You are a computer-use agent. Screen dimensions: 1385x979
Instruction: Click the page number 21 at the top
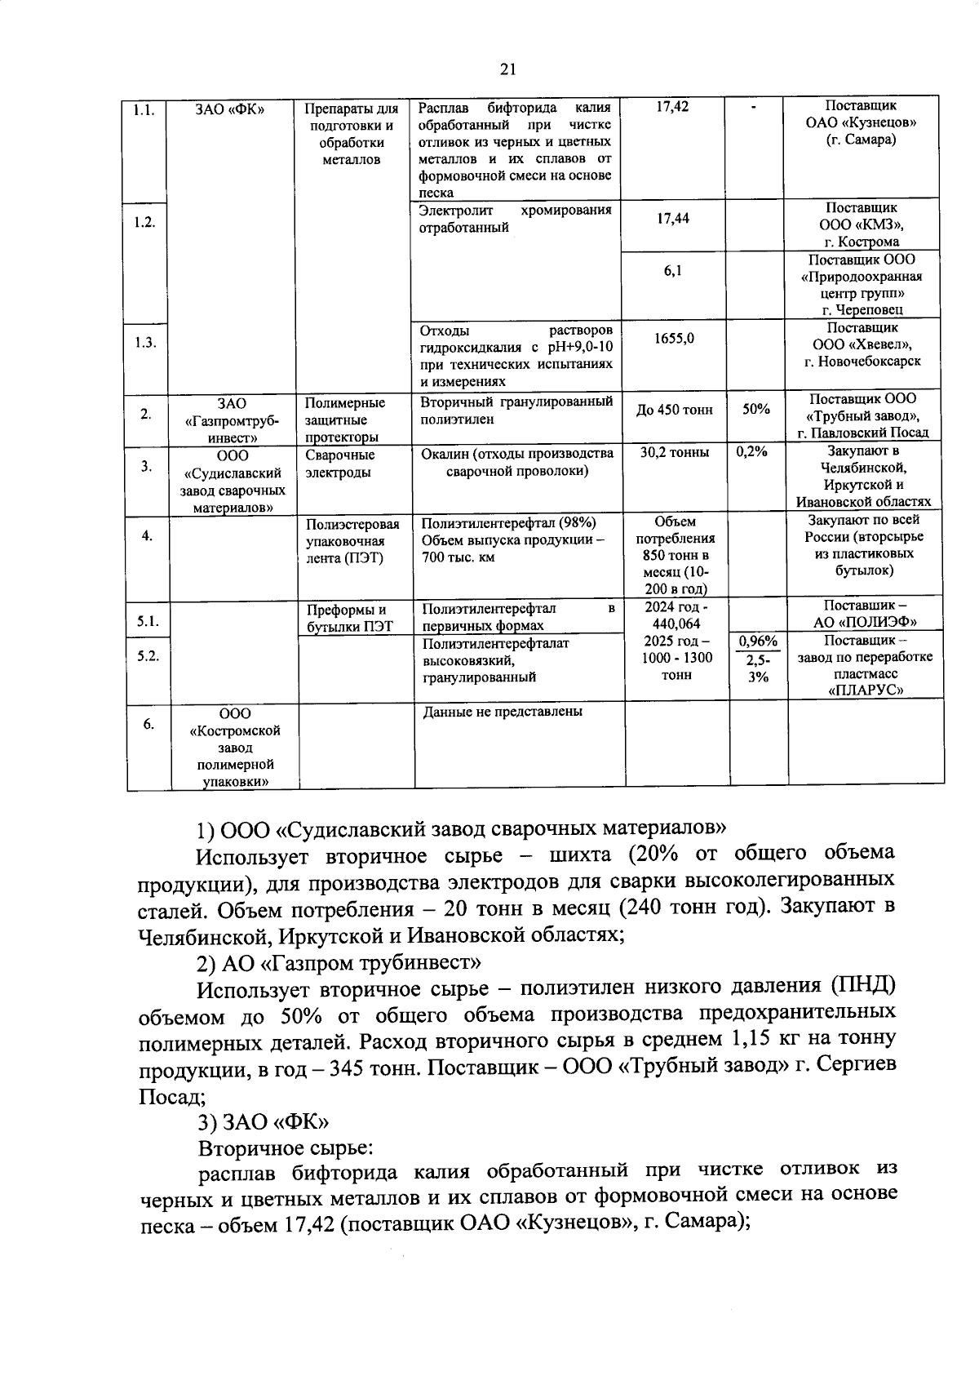[507, 69]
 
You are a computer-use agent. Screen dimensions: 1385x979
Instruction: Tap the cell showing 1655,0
[674, 338]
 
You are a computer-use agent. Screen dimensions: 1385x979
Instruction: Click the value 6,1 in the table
[673, 270]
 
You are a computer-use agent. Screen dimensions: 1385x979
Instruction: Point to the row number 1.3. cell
[146, 342]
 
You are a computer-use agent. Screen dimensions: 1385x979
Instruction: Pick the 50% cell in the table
[756, 409]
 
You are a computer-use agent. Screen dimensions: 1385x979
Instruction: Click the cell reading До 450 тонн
[674, 410]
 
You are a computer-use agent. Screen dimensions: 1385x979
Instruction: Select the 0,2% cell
[751, 452]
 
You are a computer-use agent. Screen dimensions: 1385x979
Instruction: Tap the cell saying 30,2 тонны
[674, 452]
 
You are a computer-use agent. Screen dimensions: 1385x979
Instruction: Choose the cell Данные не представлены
[503, 712]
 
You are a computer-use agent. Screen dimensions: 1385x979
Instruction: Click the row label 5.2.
[148, 655]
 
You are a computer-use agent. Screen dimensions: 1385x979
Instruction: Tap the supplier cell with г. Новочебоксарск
[863, 344]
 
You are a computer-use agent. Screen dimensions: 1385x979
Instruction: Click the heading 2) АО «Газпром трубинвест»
[339, 964]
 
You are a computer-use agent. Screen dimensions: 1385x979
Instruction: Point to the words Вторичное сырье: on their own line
[286, 1148]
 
